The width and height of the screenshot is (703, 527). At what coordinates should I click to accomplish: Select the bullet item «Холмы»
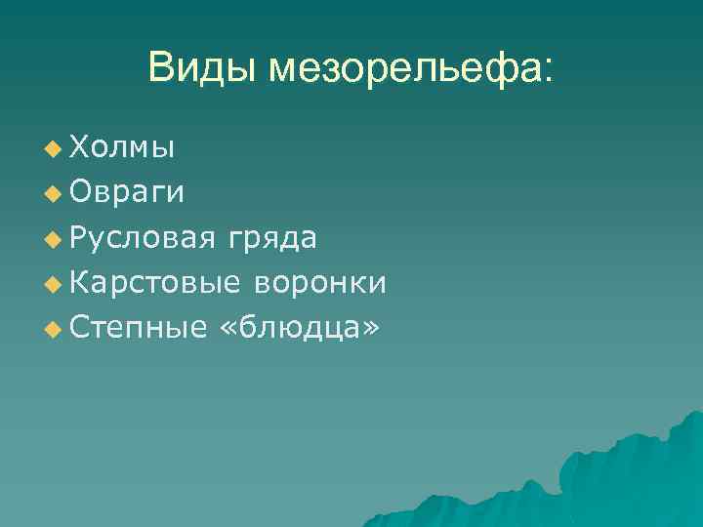[x=124, y=148]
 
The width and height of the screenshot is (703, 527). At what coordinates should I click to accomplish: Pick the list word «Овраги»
[x=126, y=193]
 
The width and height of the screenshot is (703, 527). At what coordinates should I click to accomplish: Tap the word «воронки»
[x=320, y=283]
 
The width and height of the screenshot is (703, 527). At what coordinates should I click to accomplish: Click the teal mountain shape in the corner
[x=625, y=478]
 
